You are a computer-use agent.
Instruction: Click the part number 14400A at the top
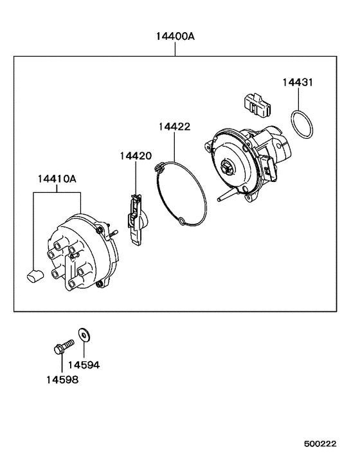point(175,37)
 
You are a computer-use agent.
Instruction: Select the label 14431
point(298,82)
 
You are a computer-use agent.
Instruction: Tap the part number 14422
point(175,127)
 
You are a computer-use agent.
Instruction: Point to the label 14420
point(135,156)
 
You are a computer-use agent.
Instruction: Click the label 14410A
point(57,178)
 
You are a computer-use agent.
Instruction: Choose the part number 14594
point(84,365)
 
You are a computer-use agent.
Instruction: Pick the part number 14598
point(62,380)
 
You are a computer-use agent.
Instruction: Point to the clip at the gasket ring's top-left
point(159,168)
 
